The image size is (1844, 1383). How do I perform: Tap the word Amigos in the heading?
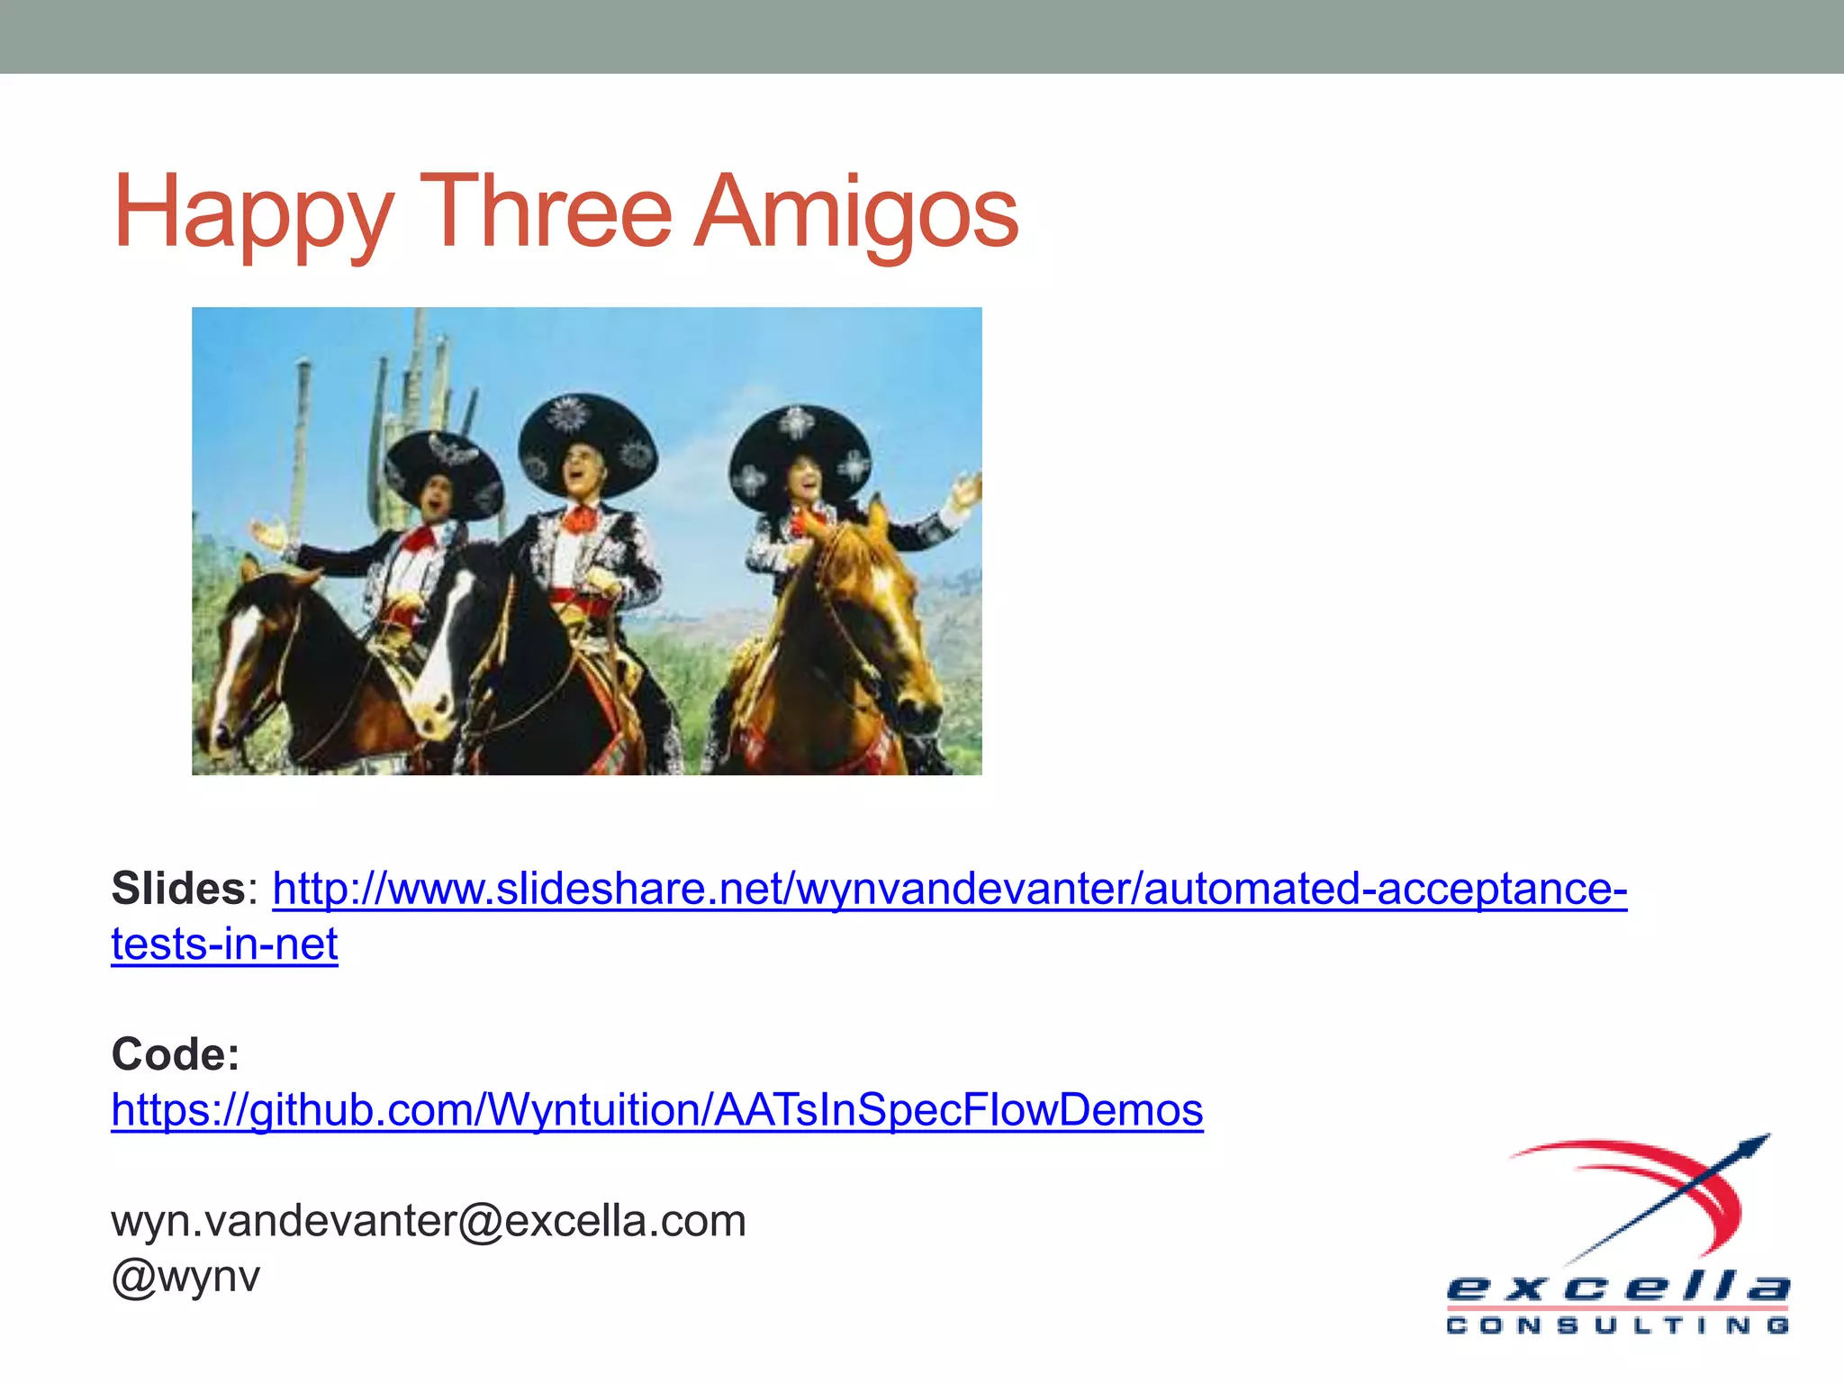(x=856, y=214)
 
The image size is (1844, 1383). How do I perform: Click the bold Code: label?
(x=176, y=1053)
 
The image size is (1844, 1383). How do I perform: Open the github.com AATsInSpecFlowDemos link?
(x=657, y=1109)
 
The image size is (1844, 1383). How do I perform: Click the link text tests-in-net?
(x=224, y=945)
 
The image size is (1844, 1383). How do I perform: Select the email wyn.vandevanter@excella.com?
(x=429, y=1221)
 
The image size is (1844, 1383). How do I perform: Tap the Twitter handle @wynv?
(x=185, y=1277)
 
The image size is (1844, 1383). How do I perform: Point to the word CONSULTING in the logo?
(x=1618, y=1325)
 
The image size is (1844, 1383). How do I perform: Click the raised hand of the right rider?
(x=967, y=490)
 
